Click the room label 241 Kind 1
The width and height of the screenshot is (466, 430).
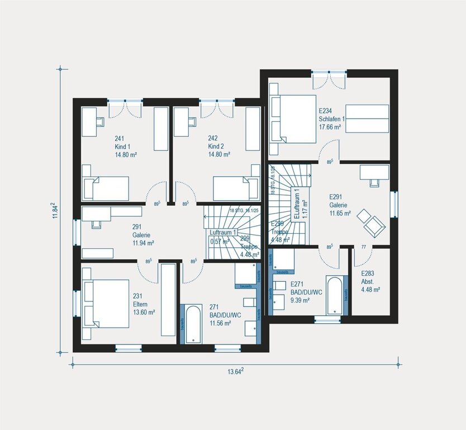tap(122, 146)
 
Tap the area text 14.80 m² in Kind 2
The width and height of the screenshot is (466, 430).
tap(220, 154)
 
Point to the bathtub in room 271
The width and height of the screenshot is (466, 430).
tap(193, 324)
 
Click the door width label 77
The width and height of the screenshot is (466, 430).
tap(364, 247)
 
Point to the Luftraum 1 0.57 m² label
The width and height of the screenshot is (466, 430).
tap(224, 237)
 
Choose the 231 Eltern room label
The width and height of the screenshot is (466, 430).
tap(144, 304)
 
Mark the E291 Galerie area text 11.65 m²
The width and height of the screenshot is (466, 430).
tap(339, 213)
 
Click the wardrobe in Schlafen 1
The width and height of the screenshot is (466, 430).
tap(367, 119)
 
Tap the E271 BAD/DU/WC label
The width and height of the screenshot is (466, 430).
tap(306, 292)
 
